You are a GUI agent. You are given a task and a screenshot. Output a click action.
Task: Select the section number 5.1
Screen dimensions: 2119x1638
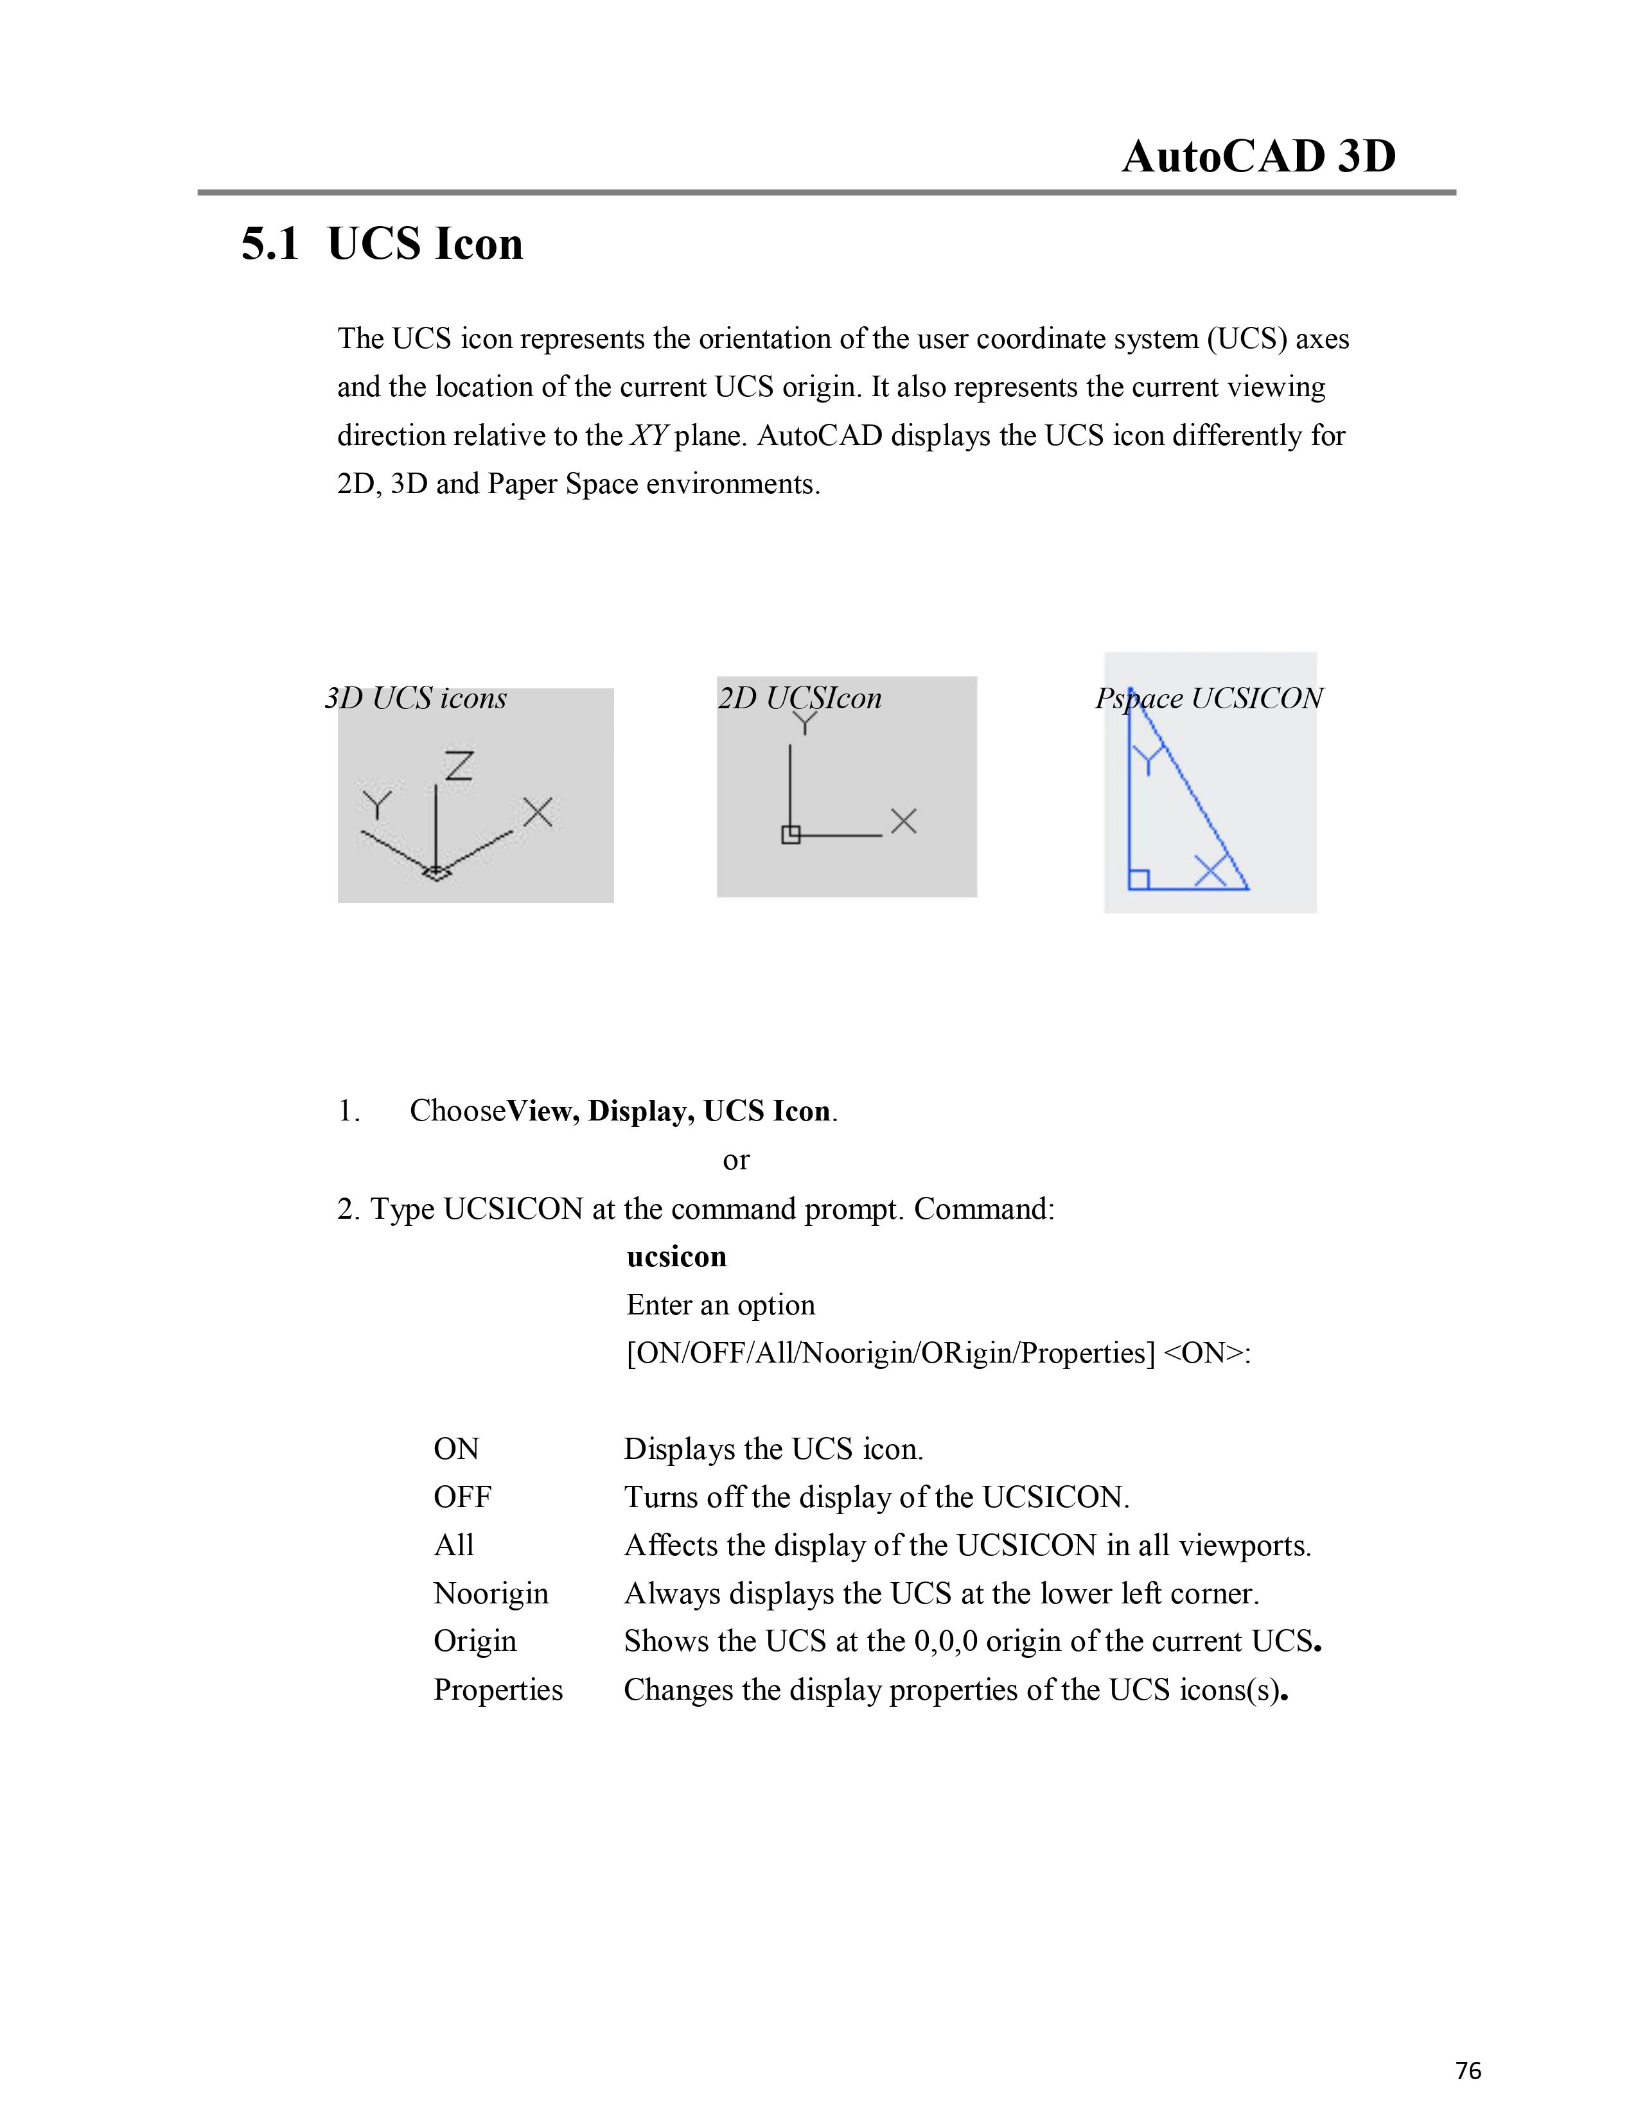pos(270,243)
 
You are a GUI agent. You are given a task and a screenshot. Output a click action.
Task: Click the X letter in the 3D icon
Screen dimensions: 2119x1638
pos(538,812)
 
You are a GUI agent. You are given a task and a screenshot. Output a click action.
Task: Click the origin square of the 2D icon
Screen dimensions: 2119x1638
pos(791,834)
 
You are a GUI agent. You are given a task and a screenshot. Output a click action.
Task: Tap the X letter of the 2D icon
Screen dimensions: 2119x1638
pos(903,822)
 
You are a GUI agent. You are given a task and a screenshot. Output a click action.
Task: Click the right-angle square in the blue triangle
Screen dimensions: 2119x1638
pos(1140,879)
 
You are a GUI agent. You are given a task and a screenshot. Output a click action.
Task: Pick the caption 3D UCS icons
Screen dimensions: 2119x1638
pos(416,699)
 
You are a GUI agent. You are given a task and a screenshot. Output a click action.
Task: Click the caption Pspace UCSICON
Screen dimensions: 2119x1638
pos(1209,699)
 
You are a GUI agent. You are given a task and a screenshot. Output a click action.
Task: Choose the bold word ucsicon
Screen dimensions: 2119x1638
pos(676,1257)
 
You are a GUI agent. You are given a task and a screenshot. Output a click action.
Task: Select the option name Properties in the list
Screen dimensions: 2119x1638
pos(498,1689)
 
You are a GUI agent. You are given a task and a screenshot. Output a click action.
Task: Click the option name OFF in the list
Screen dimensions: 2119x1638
pos(462,1497)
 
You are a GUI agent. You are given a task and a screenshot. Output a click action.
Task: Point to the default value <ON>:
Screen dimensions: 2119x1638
pos(1207,1354)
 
